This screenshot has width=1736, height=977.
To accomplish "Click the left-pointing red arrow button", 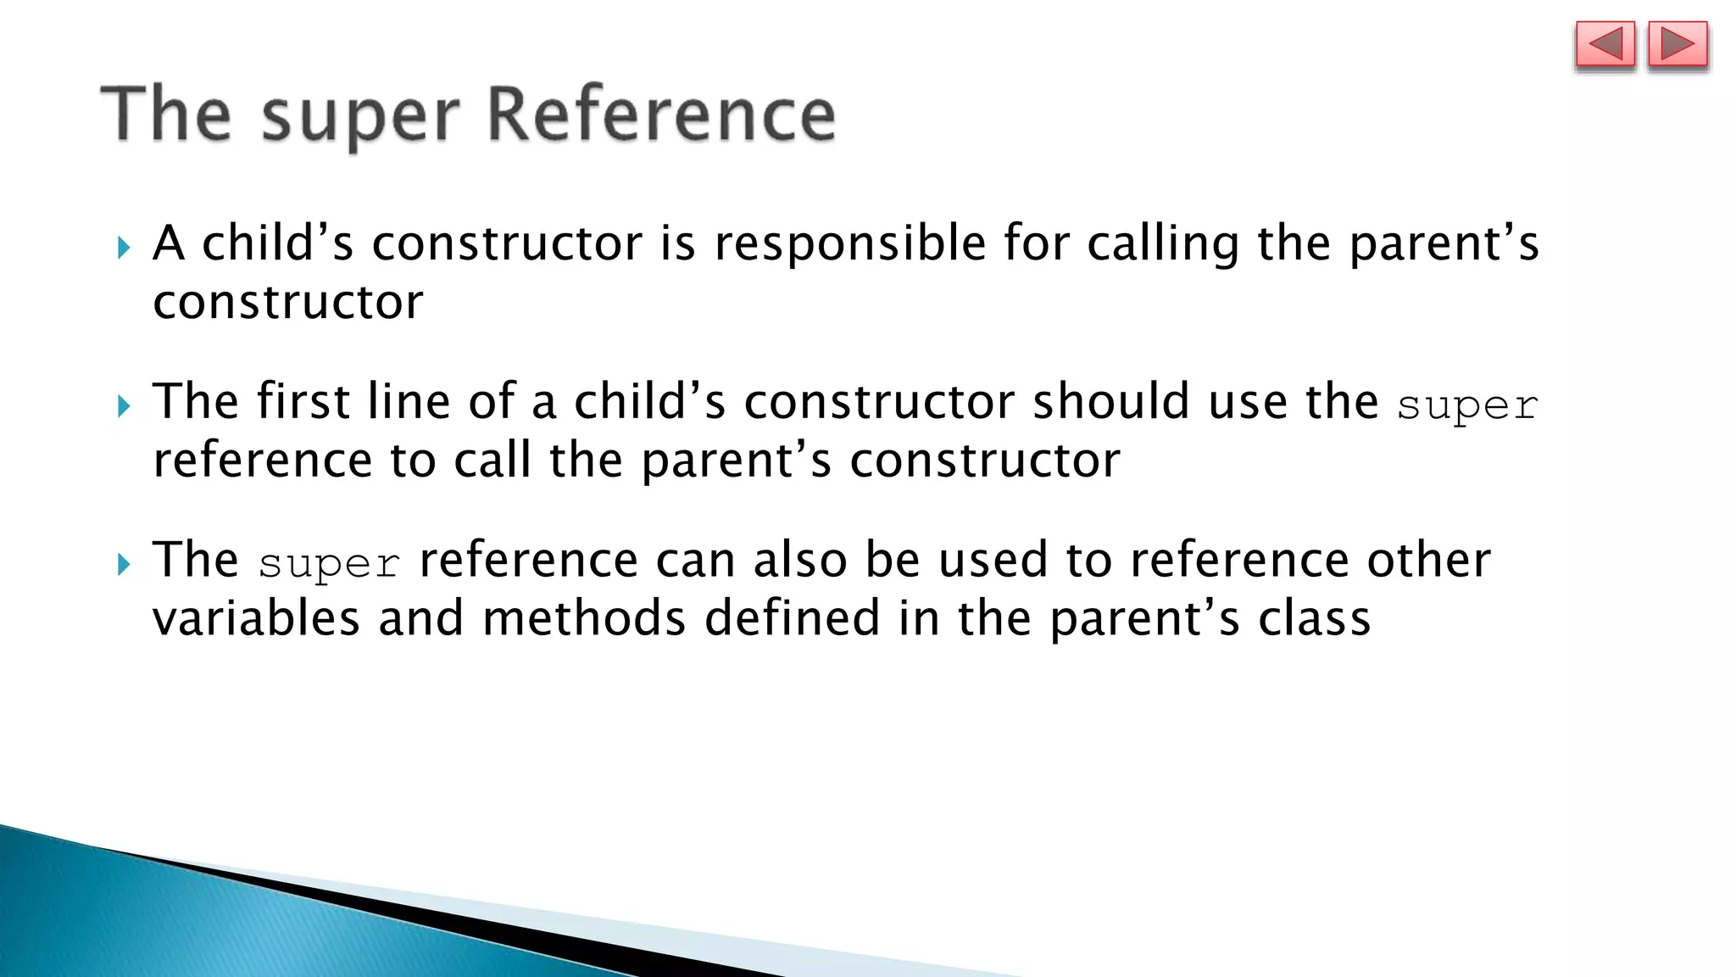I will click(1605, 44).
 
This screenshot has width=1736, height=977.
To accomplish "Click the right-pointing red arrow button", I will click(1678, 44).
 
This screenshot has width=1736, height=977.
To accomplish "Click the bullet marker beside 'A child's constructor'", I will click(124, 248).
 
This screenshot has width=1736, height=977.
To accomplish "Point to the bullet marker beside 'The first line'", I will click(124, 406).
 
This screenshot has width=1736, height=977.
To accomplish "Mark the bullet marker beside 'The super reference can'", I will click(124, 564).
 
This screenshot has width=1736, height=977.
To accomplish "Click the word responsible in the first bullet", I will click(850, 244).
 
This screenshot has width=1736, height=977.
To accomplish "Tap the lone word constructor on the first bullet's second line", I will click(288, 303).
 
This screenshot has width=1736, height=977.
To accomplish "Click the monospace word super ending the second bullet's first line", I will click(1467, 405).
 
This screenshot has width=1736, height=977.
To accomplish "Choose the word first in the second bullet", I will click(303, 401).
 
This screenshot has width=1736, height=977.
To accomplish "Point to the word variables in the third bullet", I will click(256, 618).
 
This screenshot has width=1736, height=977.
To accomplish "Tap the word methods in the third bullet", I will click(584, 618).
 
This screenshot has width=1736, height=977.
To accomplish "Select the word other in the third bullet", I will click(1428, 560).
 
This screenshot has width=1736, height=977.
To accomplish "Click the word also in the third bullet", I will click(800, 560).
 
